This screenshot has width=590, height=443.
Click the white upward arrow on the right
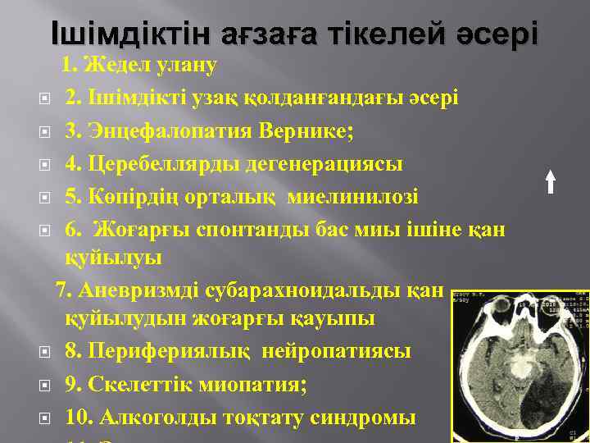coord(551,180)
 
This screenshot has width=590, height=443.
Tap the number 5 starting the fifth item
coord(71,197)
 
